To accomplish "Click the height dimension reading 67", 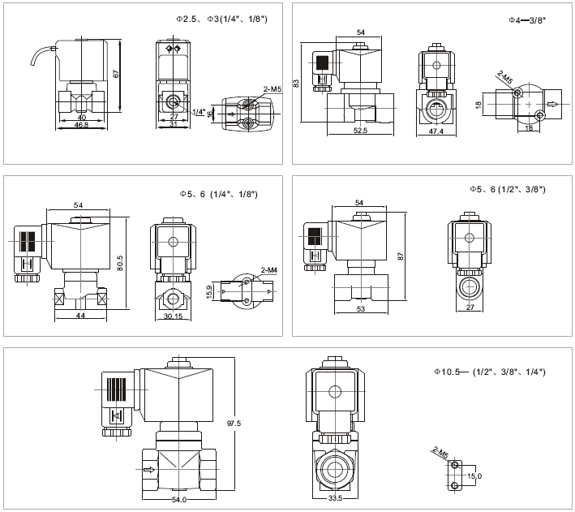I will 117,74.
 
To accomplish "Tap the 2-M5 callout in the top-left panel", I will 272,88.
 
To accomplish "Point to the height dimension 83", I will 298,83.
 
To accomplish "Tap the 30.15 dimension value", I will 174,316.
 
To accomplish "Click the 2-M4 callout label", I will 269,269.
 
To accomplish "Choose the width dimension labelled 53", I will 360,310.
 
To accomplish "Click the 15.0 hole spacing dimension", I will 474,475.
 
